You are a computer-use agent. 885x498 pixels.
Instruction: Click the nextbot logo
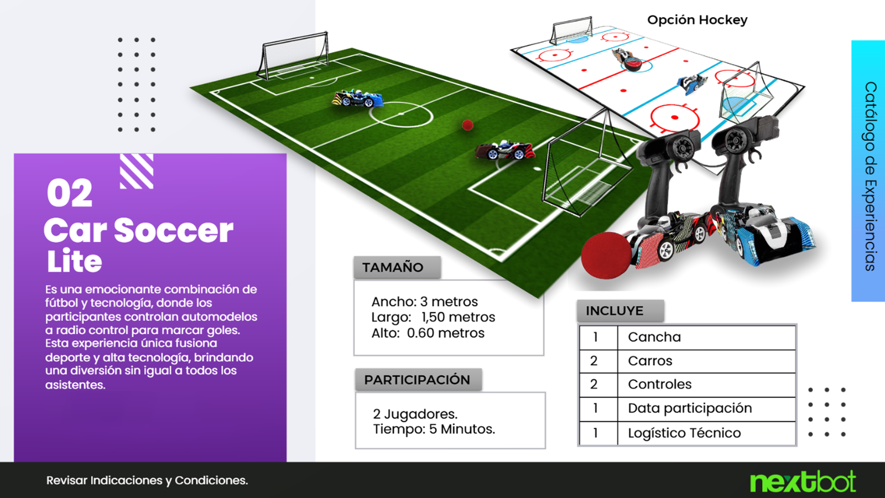[803, 481]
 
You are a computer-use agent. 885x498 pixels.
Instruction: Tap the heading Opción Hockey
[697, 20]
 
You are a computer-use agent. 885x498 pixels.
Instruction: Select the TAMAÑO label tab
[397, 268]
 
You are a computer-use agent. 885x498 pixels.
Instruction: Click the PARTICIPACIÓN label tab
[418, 380]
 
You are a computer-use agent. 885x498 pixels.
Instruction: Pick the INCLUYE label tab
[620, 311]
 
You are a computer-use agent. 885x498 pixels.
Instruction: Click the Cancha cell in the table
[706, 337]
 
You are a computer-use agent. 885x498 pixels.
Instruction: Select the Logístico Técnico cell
[706, 433]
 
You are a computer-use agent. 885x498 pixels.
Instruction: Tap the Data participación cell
[706, 409]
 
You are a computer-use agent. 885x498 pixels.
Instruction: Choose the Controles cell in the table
[706, 385]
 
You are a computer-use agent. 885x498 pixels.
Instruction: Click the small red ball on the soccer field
[467, 125]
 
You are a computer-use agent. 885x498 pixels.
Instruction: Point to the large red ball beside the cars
[606, 256]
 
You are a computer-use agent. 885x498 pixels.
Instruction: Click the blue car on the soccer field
[357, 99]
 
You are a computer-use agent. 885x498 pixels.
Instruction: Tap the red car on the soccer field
[505, 150]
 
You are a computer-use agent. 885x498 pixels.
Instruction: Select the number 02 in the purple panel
[70, 193]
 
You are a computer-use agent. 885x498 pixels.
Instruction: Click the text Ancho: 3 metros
[424, 302]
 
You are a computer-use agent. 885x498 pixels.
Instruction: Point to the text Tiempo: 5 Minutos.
[434, 429]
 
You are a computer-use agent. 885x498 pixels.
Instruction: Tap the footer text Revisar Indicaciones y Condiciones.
[147, 481]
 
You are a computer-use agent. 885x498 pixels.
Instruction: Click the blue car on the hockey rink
[691, 84]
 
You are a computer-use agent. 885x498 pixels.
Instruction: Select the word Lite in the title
[74, 261]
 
